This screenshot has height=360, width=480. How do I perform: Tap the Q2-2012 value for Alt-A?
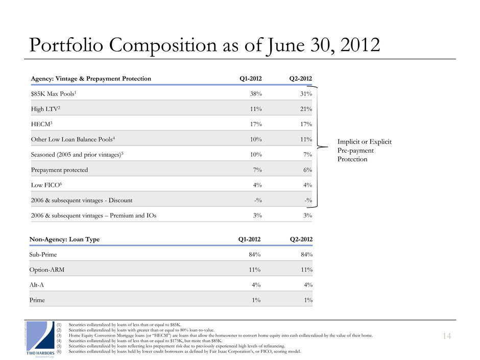[307, 284]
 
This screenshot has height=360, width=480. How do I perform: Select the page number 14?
[447, 335]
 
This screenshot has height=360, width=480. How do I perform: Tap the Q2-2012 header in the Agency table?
[300, 78]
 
